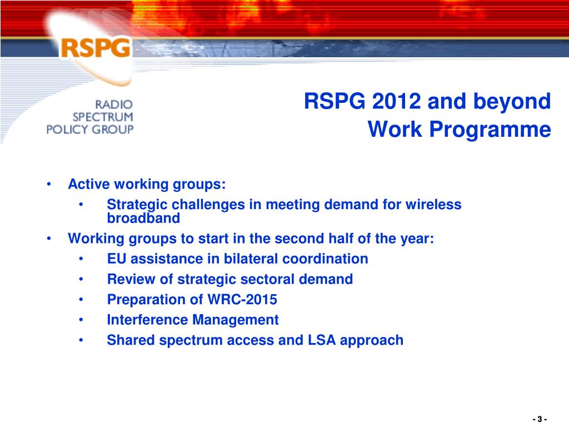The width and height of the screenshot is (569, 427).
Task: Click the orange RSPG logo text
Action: tap(96, 48)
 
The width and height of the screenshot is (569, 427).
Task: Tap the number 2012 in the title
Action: tap(396, 101)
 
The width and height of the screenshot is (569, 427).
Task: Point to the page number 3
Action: tap(540, 419)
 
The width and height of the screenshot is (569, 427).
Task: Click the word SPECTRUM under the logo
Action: tap(103, 117)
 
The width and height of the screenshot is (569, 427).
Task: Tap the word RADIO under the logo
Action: tap(114, 105)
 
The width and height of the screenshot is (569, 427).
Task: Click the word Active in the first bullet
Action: tap(89, 184)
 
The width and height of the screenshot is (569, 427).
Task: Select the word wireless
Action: tap(433, 205)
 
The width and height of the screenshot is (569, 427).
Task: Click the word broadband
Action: tap(143, 218)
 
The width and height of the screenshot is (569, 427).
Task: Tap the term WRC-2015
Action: tap(242, 300)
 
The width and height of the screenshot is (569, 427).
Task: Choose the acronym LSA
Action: tap(322, 340)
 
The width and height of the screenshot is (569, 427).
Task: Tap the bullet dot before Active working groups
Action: tap(49, 185)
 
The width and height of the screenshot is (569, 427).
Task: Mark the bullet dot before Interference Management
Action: tap(81, 320)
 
